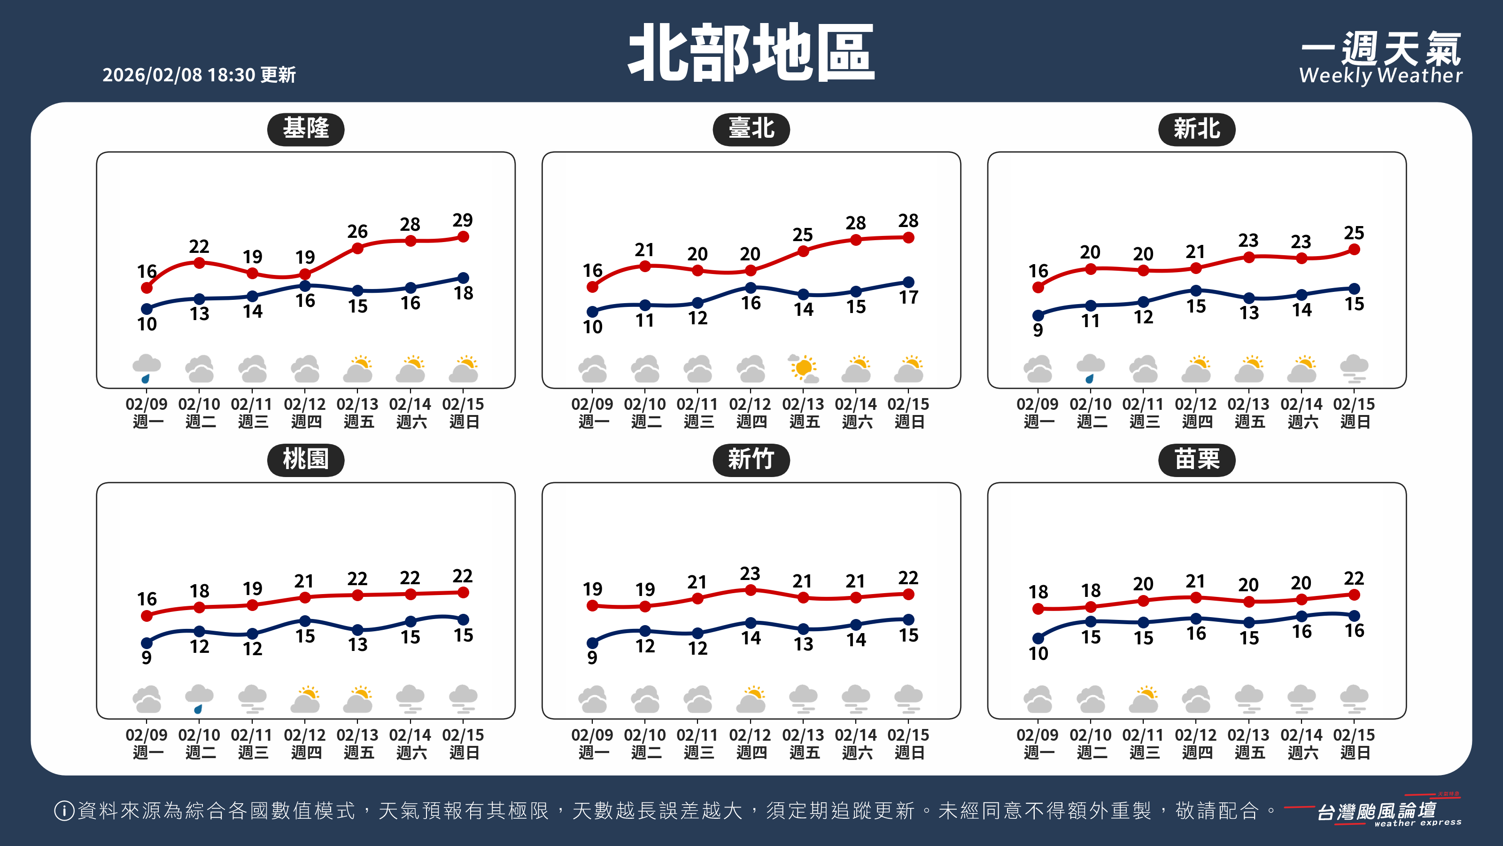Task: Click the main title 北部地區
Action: pyautogui.click(x=751, y=53)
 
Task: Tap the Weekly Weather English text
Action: pyautogui.click(x=1380, y=75)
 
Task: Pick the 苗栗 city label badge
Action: pyautogui.click(x=1196, y=460)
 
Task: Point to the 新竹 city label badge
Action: pyautogui.click(x=751, y=460)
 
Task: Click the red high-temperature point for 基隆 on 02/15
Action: pyautogui.click(x=463, y=236)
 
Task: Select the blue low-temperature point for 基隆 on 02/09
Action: pyautogui.click(x=147, y=309)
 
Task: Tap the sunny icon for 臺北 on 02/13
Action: pyautogui.click(x=804, y=368)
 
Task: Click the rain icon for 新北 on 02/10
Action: pyautogui.click(x=1090, y=368)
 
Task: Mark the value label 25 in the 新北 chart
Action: pyautogui.click(x=1354, y=233)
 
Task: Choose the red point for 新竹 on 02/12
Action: pyautogui.click(x=751, y=590)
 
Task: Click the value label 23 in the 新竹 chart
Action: pyautogui.click(x=751, y=573)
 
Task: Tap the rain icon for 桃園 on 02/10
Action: pyautogui.click(x=199, y=699)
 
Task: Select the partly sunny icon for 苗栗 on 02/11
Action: pyautogui.click(x=1143, y=699)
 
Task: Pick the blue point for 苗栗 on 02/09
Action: pyautogui.click(x=1038, y=638)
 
